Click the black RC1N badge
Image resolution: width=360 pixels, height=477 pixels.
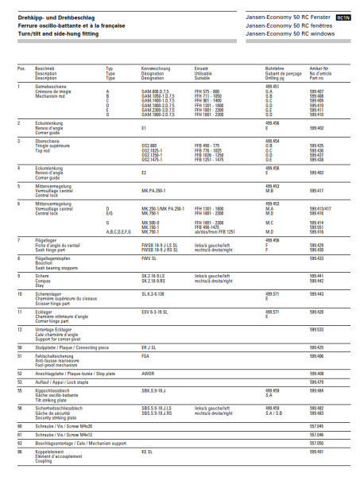pos(343,17)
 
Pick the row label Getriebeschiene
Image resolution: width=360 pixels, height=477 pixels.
pos(51,87)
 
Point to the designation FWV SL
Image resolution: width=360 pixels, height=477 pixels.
pos(149,258)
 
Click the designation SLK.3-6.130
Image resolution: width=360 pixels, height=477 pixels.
pos(153,293)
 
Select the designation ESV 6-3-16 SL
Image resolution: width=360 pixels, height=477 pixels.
pos(154,312)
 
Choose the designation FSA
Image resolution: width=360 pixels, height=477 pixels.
pos(145,356)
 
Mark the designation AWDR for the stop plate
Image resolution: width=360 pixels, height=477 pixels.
pos(147,373)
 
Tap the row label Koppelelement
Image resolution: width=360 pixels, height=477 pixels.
pos(51,452)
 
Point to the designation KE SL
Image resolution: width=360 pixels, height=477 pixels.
pos(146,452)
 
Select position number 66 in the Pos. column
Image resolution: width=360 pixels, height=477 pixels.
pos(20,452)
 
